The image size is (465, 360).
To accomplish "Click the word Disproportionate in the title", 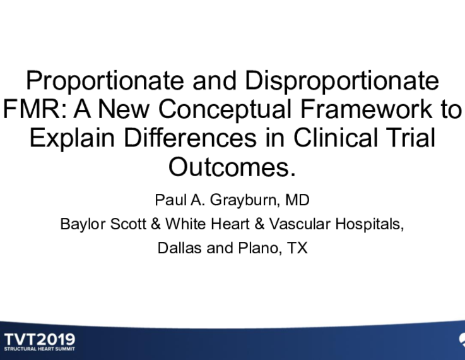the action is tap(342, 81).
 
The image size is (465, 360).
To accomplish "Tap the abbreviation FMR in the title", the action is tap(33, 109).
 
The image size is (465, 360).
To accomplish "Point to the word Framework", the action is tap(367, 109).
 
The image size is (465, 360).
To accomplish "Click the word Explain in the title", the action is tap(72, 138).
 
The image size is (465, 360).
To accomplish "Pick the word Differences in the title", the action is tap(190, 137).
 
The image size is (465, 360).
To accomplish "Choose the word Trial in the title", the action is tap(411, 137).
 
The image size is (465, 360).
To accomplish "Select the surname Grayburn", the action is tap(244, 201).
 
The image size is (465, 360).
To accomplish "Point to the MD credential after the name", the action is tap(297, 200).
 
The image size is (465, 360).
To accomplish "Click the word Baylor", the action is tap(83, 224).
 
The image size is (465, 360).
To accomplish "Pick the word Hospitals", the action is tap(370, 225).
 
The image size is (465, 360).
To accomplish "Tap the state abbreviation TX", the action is tap(297, 248).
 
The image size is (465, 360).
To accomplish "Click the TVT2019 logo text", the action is tap(40, 339).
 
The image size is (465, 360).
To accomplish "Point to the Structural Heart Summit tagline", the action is tap(40, 349).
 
